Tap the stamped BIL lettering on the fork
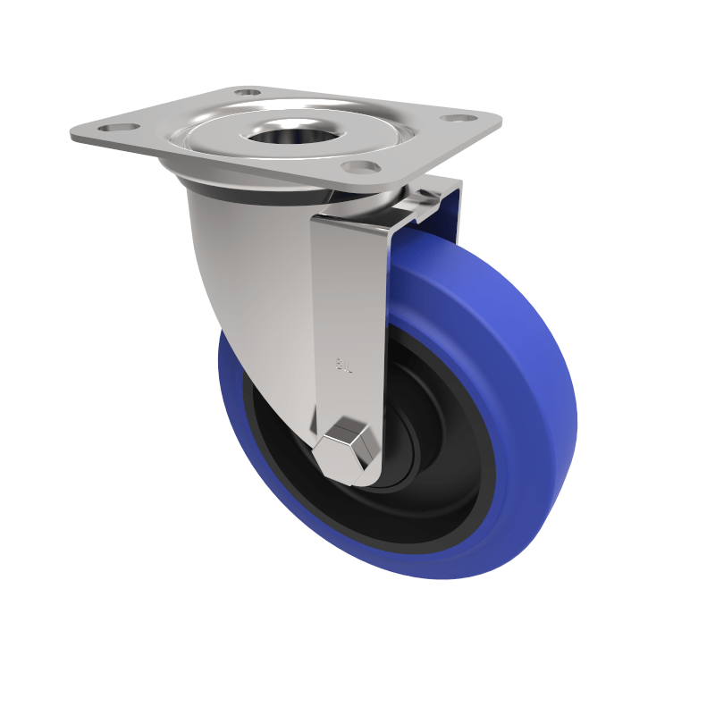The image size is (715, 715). [344, 365]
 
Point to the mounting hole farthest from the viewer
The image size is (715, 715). [248, 91]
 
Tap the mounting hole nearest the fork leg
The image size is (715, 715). [361, 166]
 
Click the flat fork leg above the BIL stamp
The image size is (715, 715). [349, 286]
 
